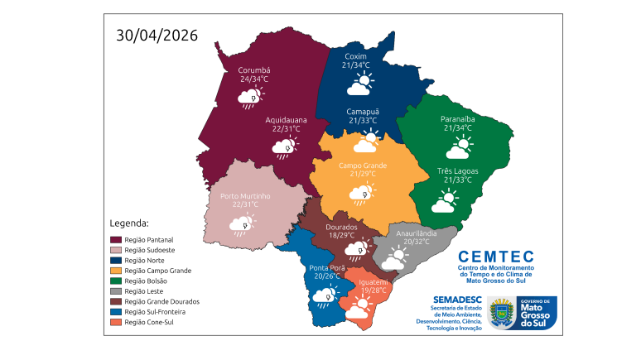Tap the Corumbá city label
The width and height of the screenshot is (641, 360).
(x=254, y=70)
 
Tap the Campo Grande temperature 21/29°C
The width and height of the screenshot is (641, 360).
(x=362, y=174)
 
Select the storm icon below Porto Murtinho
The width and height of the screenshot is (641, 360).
(x=242, y=224)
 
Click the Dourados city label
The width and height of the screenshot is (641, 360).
(x=341, y=226)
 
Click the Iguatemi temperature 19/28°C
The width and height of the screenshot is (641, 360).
(x=369, y=290)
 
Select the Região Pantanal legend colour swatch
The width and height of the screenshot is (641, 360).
(x=116, y=239)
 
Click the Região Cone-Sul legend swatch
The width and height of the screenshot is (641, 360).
(x=116, y=323)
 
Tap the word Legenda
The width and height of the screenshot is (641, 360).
(x=129, y=223)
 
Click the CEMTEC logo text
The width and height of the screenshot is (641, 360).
(x=495, y=257)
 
